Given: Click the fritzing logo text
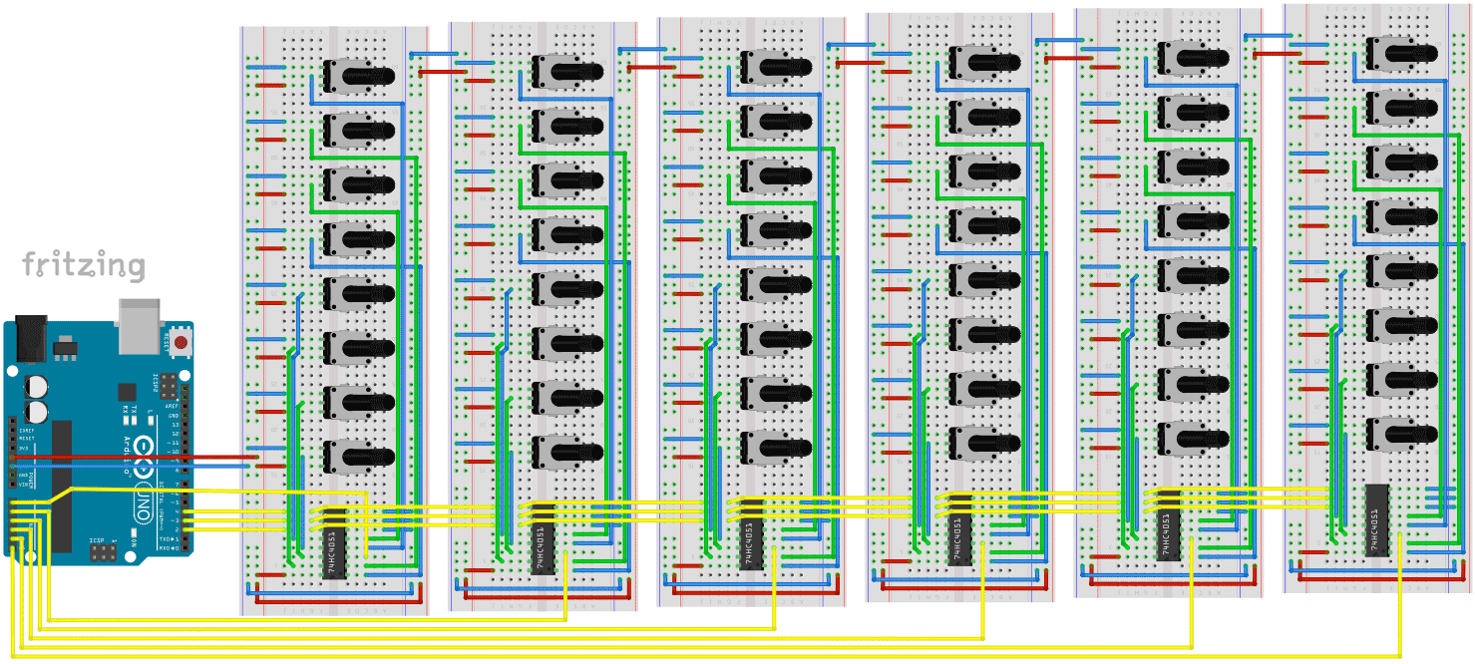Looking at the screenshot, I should [x=84, y=266].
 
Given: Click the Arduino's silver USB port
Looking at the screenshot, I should [x=138, y=325].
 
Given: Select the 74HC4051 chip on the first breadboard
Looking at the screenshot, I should [x=335, y=543].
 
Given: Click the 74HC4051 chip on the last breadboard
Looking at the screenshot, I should [x=1377, y=519].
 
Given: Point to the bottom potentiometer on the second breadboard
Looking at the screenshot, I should [x=564, y=450].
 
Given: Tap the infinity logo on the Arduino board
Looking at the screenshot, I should [x=144, y=448].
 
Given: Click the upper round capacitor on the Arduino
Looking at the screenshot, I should [x=36, y=385].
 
